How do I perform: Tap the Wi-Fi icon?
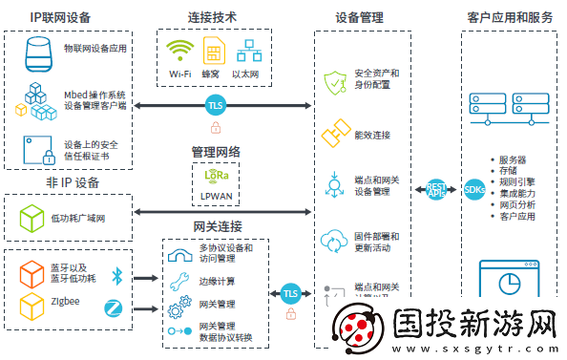[178, 51]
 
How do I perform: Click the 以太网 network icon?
[250, 51]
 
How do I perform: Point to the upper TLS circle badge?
[215, 105]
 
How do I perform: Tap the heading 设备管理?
[359, 17]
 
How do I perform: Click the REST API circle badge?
[436, 189]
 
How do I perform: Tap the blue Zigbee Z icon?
[115, 307]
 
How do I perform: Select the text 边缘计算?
[218, 282]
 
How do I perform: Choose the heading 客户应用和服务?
[510, 17]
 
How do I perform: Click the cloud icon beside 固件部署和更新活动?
[333, 239]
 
